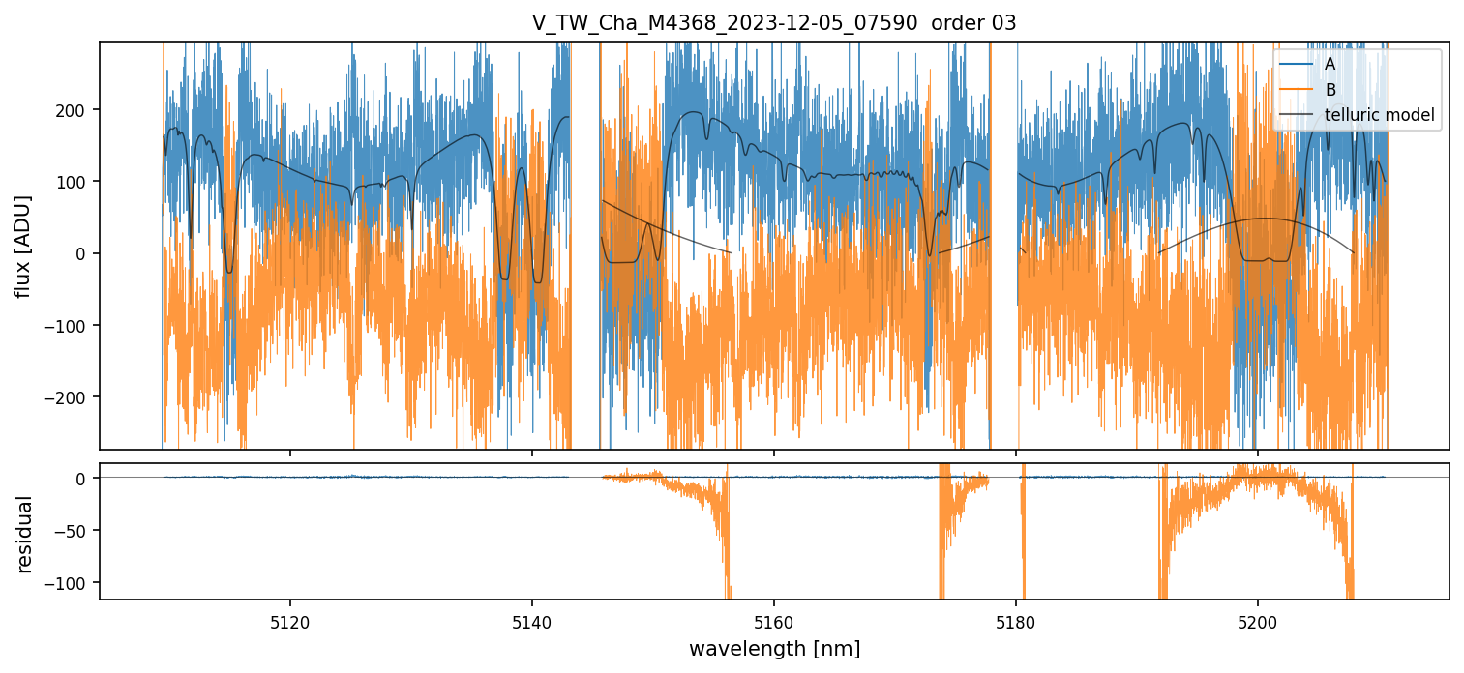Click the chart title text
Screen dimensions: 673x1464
click(x=773, y=23)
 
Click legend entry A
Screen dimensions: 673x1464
click(x=1330, y=64)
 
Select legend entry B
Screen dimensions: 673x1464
click(x=1330, y=90)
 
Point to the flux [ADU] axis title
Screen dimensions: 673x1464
click(x=22, y=246)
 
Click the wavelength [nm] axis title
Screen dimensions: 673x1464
click(x=773, y=648)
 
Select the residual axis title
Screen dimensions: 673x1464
click(x=22, y=533)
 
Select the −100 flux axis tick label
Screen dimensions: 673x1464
click(x=70, y=326)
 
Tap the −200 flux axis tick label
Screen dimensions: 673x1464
click(x=70, y=397)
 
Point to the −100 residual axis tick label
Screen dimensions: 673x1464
click(x=70, y=583)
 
